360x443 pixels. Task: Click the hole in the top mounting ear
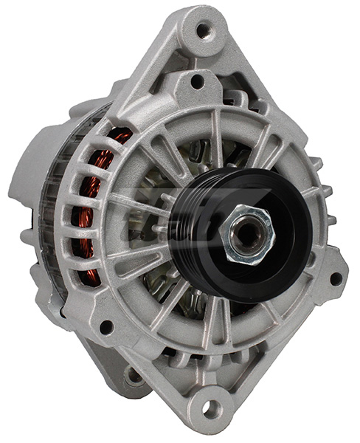(x=203, y=30)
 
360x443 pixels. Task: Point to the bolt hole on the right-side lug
(x=336, y=278)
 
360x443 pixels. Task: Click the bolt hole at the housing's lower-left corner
(x=105, y=326)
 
